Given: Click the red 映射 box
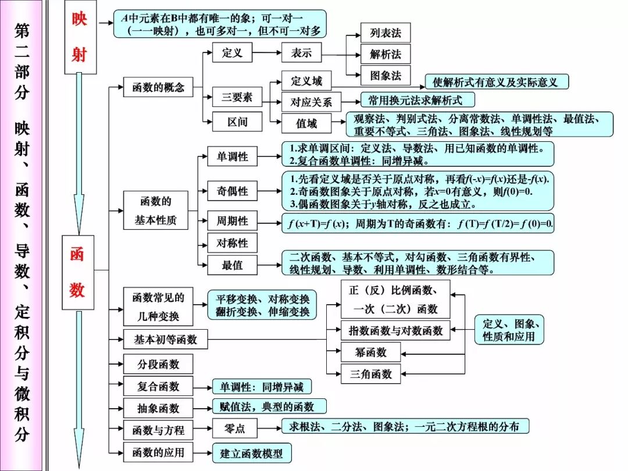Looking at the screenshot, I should (x=80, y=37).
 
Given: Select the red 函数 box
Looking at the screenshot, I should (x=78, y=273).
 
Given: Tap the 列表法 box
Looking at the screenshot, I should (x=386, y=33).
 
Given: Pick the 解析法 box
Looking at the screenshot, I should (x=386, y=54).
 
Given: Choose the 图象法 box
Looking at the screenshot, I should (x=386, y=76).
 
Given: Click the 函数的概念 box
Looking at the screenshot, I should (x=158, y=87).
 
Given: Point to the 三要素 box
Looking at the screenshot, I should (x=237, y=97).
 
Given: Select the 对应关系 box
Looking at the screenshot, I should (x=312, y=102).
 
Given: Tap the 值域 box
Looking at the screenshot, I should (x=306, y=123).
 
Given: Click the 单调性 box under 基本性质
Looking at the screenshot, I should (x=232, y=156).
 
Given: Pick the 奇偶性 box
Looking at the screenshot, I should (x=232, y=191).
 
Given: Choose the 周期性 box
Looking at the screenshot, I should (x=232, y=221).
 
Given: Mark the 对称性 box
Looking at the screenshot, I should (x=232, y=243).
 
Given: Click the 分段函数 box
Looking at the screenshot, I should (x=158, y=364).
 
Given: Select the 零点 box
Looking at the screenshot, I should (x=235, y=429).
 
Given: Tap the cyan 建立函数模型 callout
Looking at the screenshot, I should (x=251, y=454).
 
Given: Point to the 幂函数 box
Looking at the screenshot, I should (x=371, y=352).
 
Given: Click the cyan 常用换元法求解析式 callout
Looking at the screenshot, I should (x=418, y=100).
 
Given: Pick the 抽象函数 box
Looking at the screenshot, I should (x=158, y=408).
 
